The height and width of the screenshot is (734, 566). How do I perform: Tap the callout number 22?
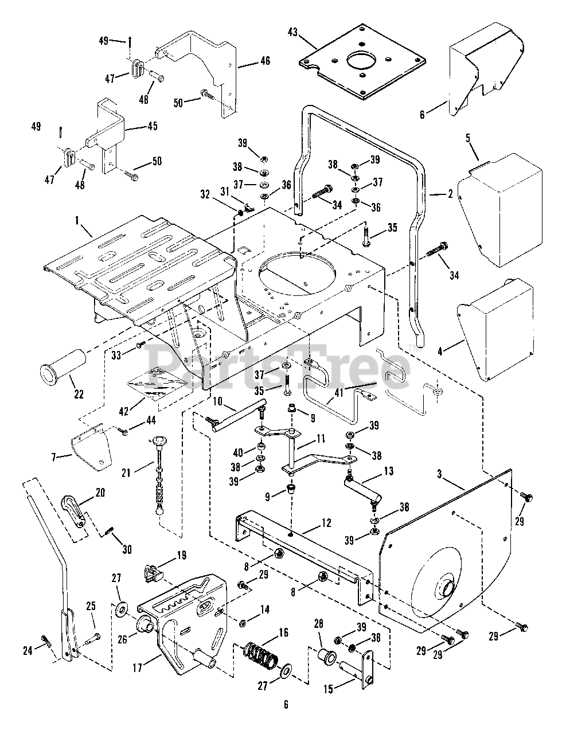[78, 393]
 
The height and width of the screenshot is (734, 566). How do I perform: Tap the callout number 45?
[152, 126]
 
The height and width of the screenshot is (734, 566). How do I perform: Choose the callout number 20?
[100, 493]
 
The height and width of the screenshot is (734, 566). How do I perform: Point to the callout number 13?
[388, 471]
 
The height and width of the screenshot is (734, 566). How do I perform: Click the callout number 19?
[181, 556]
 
